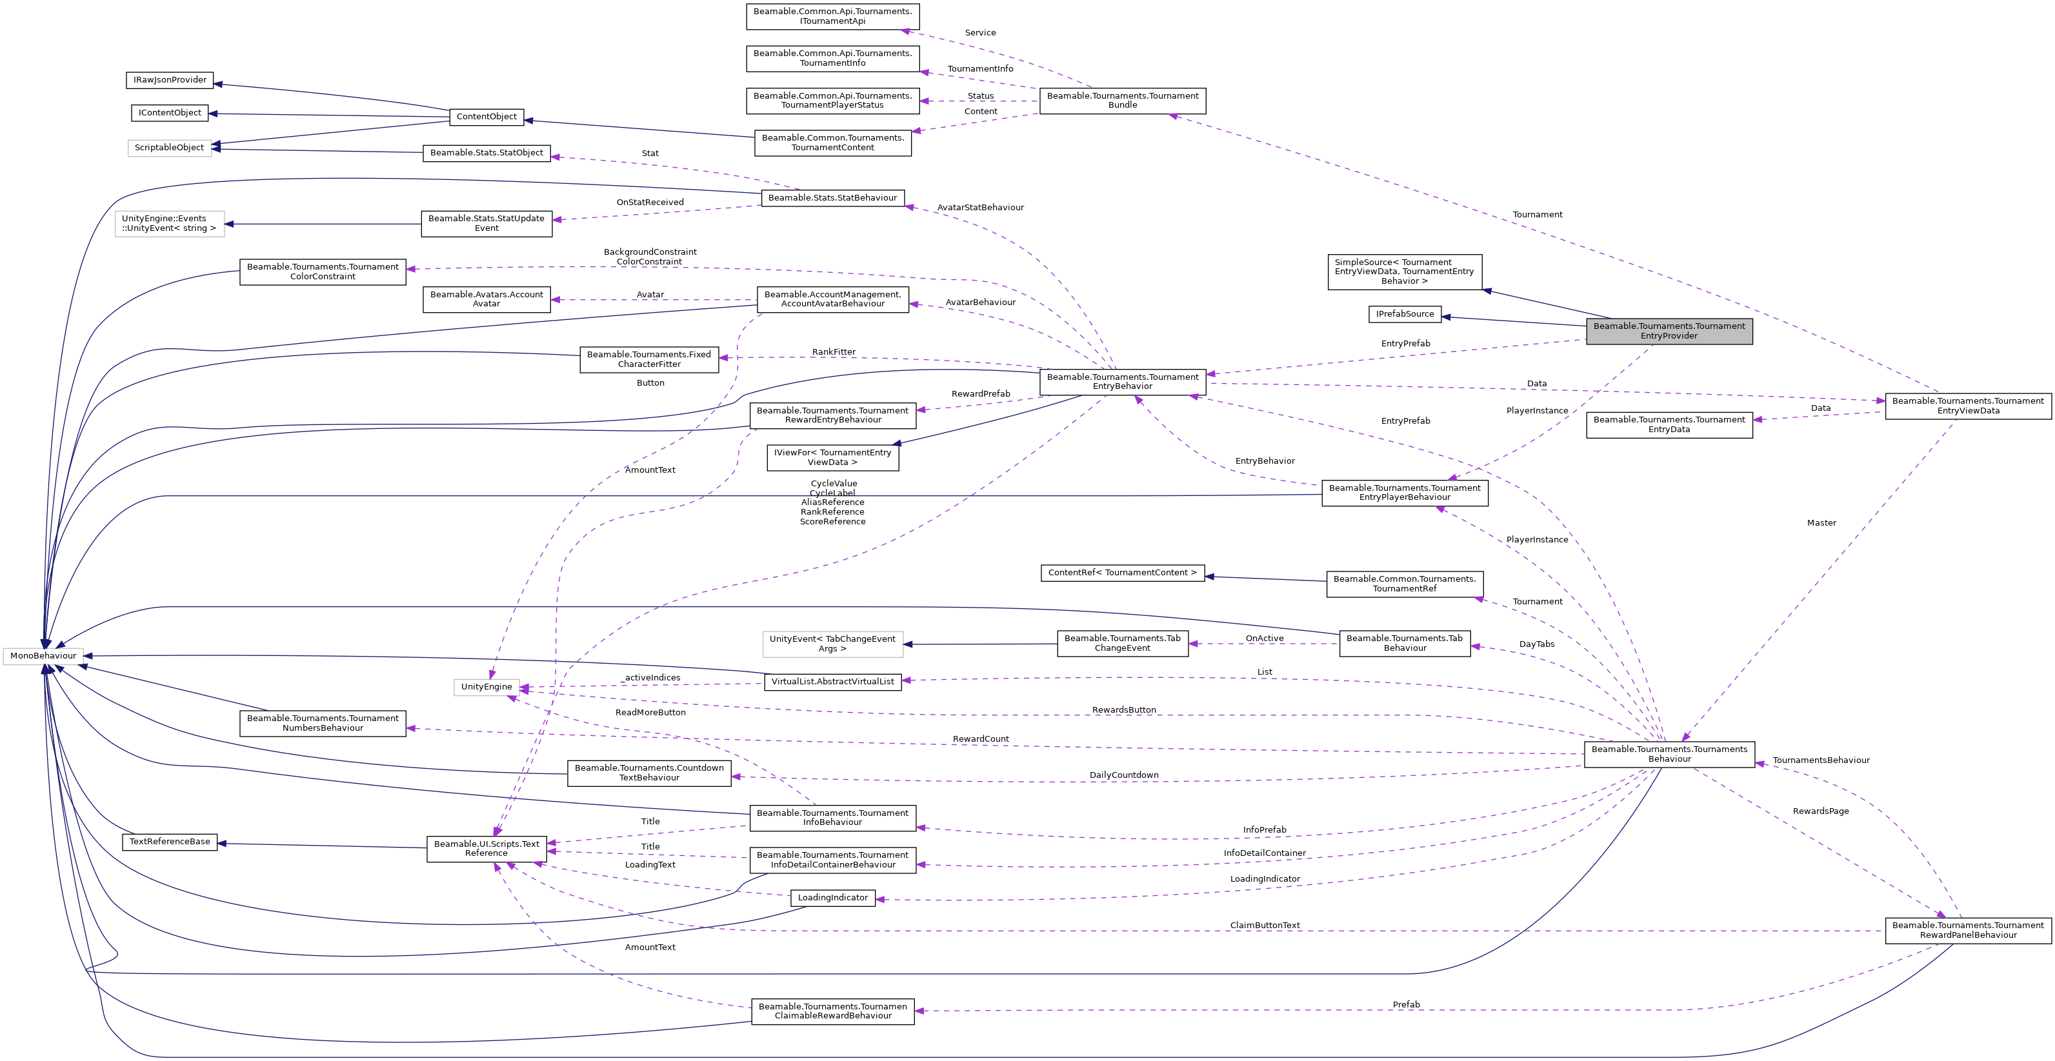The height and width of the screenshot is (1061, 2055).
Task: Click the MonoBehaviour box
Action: coord(43,656)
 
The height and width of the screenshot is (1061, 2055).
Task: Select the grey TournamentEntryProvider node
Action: coord(1669,331)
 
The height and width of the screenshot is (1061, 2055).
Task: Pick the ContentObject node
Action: coord(486,117)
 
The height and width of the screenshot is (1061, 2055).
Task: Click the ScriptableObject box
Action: coord(169,148)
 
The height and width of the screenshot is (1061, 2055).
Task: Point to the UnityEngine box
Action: coord(486,687)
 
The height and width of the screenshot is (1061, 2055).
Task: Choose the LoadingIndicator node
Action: coord(832,897)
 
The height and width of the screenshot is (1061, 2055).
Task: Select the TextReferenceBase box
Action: coord(170,842)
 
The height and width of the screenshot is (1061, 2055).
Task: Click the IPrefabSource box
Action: coord(1405,314)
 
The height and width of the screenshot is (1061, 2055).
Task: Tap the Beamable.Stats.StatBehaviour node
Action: coord(832,198)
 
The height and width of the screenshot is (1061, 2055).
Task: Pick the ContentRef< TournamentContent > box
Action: coord(1121,573)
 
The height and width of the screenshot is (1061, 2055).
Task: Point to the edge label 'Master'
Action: coord(1821,523)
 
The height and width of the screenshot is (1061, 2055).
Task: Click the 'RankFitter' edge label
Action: coord(834,352)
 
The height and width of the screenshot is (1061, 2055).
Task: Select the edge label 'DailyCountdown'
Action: coord(1124,775)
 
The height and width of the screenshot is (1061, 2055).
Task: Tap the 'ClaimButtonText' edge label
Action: coord(1265,926)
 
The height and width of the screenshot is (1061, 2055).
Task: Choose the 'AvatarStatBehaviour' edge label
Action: coord(981,208)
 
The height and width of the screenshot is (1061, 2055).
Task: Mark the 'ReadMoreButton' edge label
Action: coord(650,712)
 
